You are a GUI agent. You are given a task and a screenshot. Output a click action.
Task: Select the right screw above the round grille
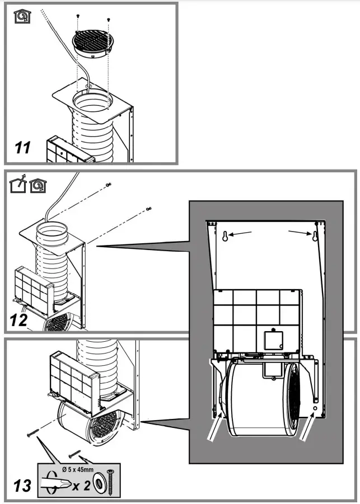tap(108, 20)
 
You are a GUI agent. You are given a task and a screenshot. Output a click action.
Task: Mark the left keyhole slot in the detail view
tap(225, 235)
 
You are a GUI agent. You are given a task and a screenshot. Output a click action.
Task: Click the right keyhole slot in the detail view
tap(315, 235)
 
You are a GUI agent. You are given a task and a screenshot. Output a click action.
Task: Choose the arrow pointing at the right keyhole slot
tap(298, 231)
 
